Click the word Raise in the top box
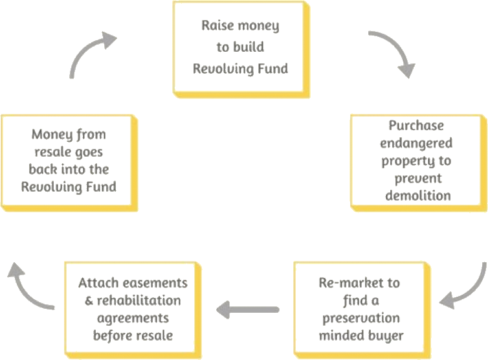point(217,27)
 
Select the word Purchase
point(416,126)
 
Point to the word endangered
point(416,142)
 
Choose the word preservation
point(359,319)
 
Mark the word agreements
point(133,318)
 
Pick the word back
point(45,170)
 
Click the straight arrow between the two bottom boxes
point(247,311)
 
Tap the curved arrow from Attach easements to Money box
point(26,286)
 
